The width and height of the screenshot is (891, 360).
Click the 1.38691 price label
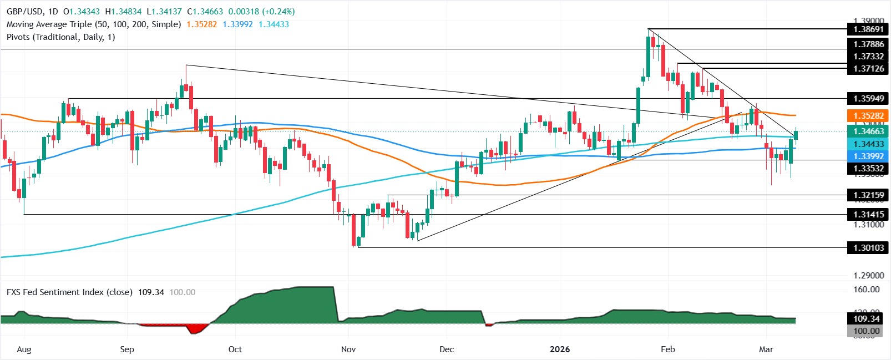pos(868,29)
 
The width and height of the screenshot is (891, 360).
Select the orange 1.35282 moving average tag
pos(868,116)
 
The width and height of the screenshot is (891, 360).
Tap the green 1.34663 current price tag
pos(868,131)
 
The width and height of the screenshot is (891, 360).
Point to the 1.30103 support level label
pos(868,247)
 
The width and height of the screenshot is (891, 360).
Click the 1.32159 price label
pos(868,195)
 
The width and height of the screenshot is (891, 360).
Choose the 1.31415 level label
pos(868,214)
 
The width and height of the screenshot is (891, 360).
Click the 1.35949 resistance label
pos(868,99)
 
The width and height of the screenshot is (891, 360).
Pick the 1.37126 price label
pos(868,69)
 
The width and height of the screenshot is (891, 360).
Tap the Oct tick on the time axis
pos(235,349)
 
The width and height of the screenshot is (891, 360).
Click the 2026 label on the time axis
pos(559,349)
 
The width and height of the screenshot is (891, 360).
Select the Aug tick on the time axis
pos(24,349)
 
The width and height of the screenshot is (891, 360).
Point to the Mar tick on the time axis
pos(766,349)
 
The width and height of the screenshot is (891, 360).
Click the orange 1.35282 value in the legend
pos(202,24)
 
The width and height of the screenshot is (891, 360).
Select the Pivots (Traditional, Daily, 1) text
pos(61,37)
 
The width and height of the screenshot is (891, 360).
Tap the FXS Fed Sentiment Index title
pos(69,292)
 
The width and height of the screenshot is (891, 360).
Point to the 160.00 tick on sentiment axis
pos(867,290)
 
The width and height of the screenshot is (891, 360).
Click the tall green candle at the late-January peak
pos(648,57)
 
